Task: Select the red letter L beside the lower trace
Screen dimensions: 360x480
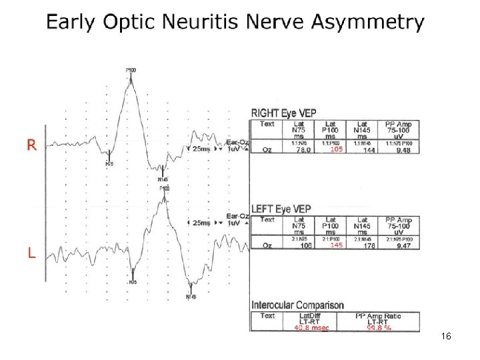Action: click(x=31, y=253)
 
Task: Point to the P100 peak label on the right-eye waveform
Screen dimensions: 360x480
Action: click(x=131, y=70)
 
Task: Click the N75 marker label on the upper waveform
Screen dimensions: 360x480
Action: click(x=109, y=163)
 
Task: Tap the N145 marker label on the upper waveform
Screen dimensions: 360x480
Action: click(x=163, y=179)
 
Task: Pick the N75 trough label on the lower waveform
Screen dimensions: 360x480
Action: click(x=133, y=282)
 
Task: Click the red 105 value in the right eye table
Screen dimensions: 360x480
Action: click(x=337, y=150)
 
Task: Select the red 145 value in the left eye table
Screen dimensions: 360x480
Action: click(x=337, y=245)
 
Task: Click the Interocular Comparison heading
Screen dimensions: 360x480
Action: click(x=298, y=305)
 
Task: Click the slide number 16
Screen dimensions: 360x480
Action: click(x=447, y=337)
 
